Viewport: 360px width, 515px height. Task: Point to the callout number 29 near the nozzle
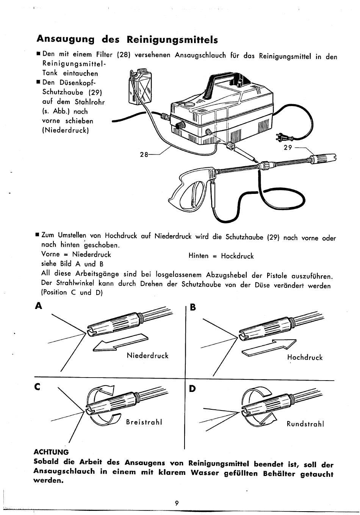point(288,148)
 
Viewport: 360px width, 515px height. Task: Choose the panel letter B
point(192,308)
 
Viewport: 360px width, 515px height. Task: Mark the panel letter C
point(37,387)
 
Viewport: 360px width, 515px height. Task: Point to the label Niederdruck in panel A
point(147,356)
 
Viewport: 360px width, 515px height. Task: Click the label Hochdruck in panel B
point(305,357)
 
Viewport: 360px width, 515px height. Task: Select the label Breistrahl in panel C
point(144,422)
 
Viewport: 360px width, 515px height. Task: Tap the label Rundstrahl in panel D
point(305,424)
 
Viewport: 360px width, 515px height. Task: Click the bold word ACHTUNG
point(51,452)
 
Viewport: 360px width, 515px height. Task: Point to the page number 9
point(177,503)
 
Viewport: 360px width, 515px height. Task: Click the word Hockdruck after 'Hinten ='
point(237,256)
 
